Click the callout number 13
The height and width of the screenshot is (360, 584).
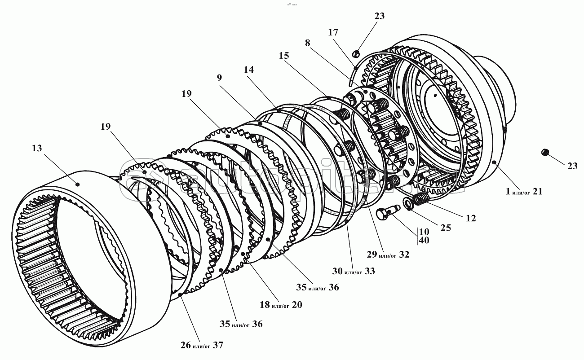point(37,148)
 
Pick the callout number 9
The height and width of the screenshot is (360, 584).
point(219,77)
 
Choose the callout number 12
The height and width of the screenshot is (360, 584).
point(470,218)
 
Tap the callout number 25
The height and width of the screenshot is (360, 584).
point(445,228)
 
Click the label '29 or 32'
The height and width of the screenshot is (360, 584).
point(387,255)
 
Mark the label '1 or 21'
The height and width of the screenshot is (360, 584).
point(524,192)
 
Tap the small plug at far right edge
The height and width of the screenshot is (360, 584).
point(545,153)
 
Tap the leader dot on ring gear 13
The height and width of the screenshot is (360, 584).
point(77,183)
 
